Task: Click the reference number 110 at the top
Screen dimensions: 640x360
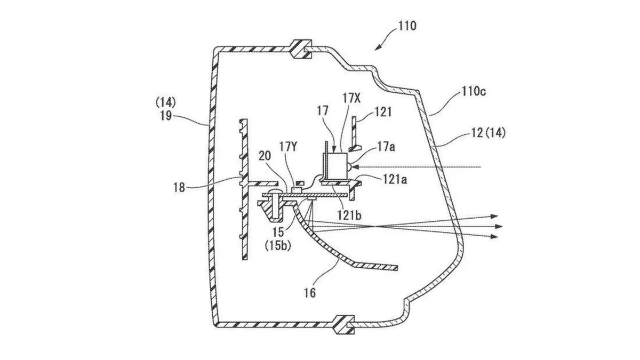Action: click(407, 26)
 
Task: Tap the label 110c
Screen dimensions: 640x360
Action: click(474, 91)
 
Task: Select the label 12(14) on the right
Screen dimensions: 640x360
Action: click(488, 133)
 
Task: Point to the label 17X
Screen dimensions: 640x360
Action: click(351, 99)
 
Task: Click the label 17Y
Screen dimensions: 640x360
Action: click(289, 147)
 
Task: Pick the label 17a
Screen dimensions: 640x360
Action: click(387, 147)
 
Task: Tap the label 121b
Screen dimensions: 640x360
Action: click(349, 214)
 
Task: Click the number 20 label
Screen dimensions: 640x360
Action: click(265, 156)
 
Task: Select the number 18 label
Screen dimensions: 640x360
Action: click(179, 188)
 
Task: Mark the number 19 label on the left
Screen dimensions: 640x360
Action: click(166, 116)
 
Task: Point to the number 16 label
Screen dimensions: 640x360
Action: click(310, 293)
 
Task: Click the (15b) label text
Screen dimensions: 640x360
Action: click(278, 246)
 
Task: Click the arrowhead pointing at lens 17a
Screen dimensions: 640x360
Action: click(355, 166)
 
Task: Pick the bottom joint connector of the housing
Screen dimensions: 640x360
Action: click(345, 324)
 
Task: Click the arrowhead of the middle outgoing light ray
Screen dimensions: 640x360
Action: click(499, 226)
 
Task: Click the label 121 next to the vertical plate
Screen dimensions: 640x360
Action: click(382, 113)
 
